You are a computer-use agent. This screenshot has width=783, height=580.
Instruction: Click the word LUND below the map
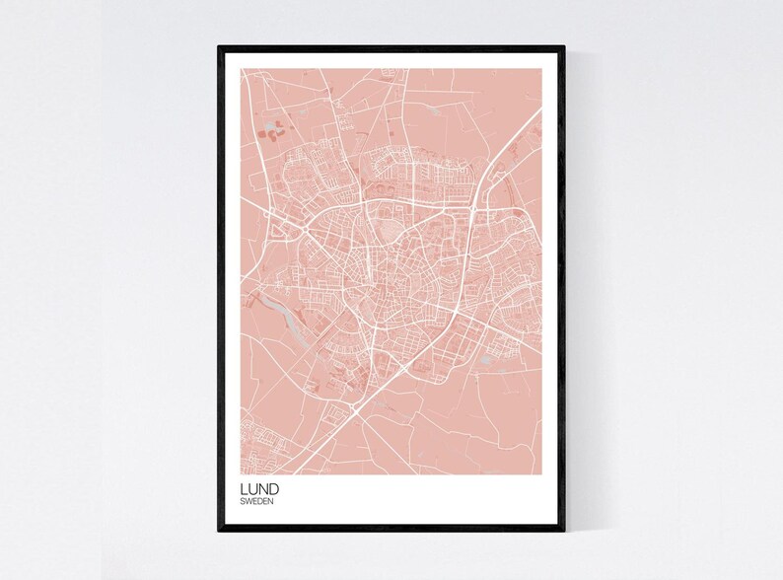(259, 488)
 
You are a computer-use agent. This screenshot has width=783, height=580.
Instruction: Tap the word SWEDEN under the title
(256, 502)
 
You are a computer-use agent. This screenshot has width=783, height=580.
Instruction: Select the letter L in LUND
(244, 488)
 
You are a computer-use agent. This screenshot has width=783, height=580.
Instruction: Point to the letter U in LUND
(252, 488)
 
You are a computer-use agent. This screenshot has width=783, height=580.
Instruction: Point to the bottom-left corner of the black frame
(220, 530)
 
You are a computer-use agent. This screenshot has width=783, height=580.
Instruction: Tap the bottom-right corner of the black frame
(563, 530)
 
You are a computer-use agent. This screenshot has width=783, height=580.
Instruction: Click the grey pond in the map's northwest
(273, 127)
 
